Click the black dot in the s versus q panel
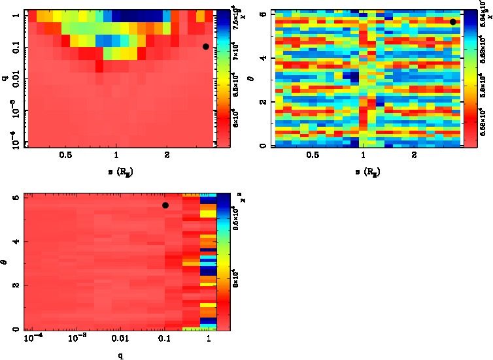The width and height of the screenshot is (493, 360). [x=205, y=46]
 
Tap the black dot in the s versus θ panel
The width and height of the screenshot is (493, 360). [x=452, y=22]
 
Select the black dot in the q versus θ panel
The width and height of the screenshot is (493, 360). [x=165, y=205]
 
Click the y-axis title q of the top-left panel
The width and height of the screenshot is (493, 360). [x=5, y=78]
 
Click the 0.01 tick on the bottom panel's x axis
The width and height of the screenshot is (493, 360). [x=120, y=340]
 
